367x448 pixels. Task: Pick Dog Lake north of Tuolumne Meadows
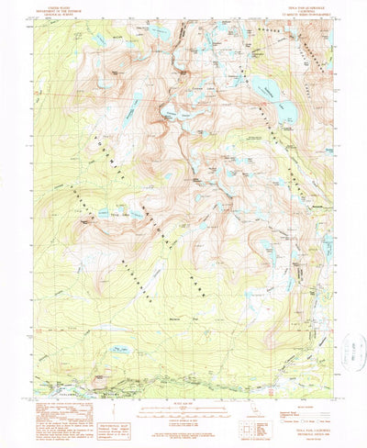pos(119,350)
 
